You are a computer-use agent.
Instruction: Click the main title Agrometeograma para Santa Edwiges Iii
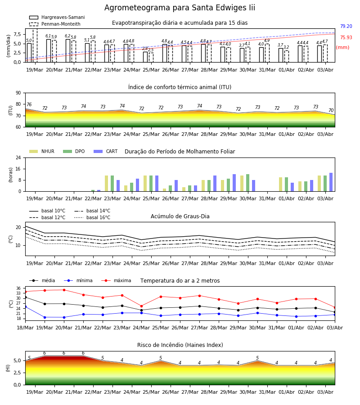coord(180,8)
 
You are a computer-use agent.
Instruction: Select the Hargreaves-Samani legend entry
coord(57,17)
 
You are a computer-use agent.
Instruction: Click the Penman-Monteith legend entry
coord(55,24)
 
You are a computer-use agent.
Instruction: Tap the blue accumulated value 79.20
coord(346,26)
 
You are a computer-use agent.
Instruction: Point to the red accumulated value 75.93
coord(346,37)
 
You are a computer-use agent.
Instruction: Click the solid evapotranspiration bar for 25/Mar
coord(145,57)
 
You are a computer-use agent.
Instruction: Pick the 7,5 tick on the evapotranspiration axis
coord(17,34)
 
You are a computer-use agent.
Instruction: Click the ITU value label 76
coord(29,104)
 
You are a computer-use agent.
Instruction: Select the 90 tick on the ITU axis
coord(18,93)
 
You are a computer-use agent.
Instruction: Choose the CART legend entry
coord(106,151)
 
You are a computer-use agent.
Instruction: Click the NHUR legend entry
coord(42,151)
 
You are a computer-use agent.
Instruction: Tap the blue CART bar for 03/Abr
coord(331,182)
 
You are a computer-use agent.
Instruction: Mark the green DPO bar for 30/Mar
coord(248,183)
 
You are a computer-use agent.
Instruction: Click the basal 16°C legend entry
coord(92,217)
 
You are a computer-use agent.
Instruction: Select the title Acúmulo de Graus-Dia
coord(180,216)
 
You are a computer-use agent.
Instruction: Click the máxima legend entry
coord(116,280)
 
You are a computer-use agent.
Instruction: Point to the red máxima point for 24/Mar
coord(141,306)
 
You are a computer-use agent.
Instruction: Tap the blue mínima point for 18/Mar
coord(25,306)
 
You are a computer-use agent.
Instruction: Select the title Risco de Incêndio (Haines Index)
coord(180,345)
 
